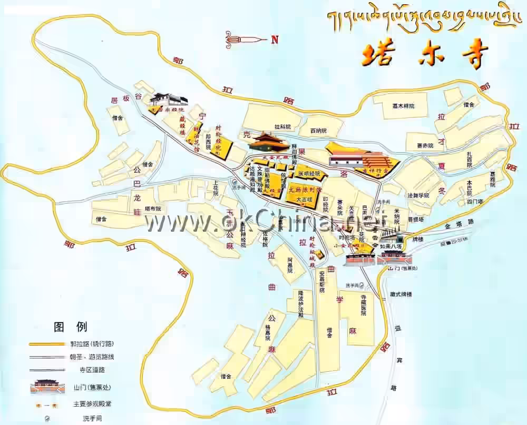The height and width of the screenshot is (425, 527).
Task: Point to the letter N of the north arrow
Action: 274,39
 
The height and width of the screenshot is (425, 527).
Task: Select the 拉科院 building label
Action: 283,127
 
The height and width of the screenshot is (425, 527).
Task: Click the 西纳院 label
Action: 318,130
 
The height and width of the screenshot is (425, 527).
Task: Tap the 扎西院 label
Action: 468,161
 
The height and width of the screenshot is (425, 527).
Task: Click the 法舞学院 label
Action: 418,195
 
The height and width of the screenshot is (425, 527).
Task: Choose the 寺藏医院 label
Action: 363,305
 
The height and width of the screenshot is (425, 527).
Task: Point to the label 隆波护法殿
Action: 301,303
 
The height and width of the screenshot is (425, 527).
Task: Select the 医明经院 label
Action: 309,173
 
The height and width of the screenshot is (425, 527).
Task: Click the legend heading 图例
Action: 71,327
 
